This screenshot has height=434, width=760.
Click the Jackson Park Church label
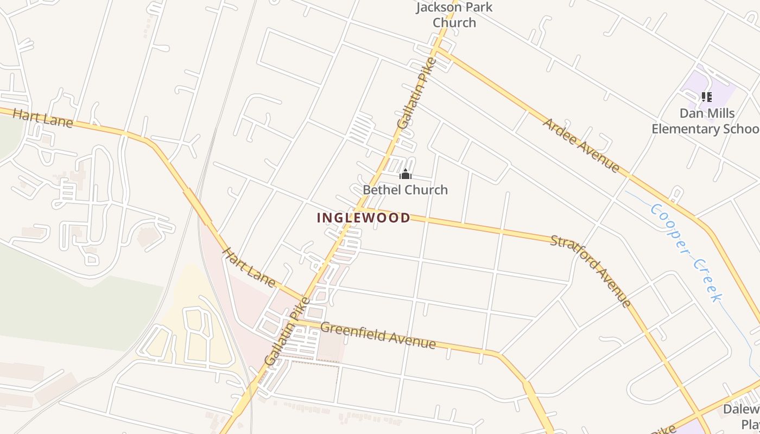pos(454,15)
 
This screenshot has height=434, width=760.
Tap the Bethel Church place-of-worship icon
pos(406,175)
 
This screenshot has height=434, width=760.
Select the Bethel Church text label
pos(405,190)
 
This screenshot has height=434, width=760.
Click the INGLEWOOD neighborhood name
pos(364,218)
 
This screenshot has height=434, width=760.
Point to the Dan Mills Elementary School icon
pos(706,97)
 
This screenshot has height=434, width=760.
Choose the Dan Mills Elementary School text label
pos(706,121)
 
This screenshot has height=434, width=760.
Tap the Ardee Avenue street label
pos(581,145)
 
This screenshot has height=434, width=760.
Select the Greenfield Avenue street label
pos(378,335)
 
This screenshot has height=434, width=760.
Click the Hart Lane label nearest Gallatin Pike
pos(249,266)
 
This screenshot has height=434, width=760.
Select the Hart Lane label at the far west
pos(42,118)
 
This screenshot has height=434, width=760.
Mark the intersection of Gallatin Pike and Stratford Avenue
pos(356,209)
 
